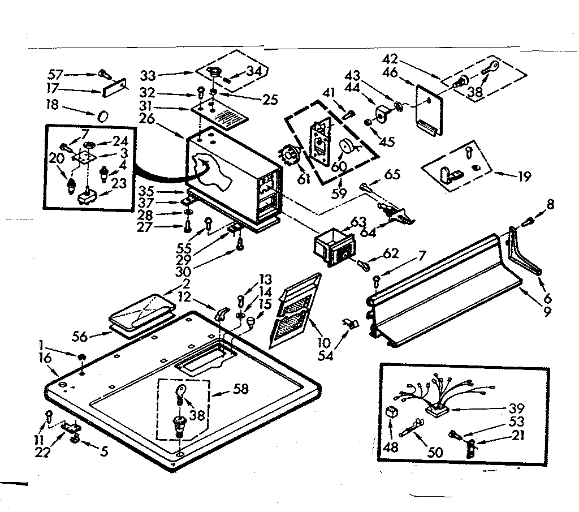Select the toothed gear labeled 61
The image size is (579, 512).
click(x=288, y=156)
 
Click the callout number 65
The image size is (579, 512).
click(x=392, y=175)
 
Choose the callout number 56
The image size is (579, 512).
click(x=80, y=337)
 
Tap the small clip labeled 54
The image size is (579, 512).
click(x=349, y=325)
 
